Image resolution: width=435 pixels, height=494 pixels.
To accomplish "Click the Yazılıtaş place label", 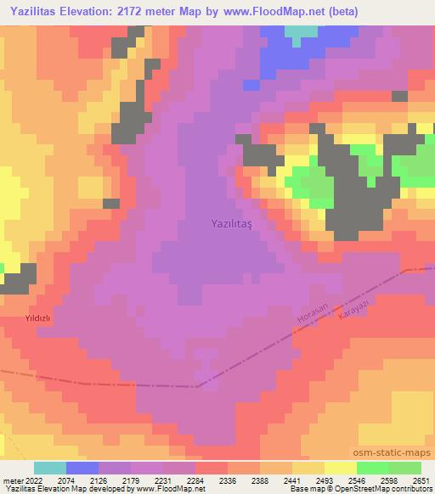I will [x=231, y=224].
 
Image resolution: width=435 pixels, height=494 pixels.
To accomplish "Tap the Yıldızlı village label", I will [x=39, y=317].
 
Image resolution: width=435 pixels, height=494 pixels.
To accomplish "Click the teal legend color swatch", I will [x=49, y=468].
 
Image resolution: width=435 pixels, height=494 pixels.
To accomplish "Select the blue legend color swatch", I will [x=82, y=468].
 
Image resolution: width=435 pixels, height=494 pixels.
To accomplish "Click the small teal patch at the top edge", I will [x=300, y=32].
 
